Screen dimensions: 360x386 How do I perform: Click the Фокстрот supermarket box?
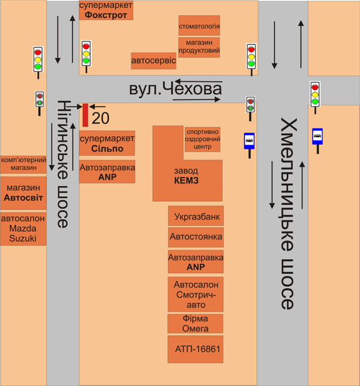106,10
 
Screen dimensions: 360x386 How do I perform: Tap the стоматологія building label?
199,26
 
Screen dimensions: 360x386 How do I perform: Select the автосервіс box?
154,61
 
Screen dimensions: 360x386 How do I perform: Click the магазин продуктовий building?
199,47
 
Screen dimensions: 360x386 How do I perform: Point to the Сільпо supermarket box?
107,143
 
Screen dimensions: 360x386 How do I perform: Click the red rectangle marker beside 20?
85,115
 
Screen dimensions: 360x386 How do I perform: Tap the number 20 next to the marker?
100,118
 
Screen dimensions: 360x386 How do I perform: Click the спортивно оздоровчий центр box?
202,139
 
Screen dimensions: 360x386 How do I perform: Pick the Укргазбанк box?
196,216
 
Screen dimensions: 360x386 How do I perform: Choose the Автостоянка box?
196,237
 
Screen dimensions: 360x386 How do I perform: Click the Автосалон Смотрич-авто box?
196,294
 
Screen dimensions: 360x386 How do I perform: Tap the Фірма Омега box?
196,324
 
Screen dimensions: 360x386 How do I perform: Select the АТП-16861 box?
196,349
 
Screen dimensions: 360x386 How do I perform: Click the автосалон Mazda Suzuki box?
23,229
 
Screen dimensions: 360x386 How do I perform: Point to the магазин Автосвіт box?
23,193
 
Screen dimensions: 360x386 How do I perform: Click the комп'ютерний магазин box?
23,164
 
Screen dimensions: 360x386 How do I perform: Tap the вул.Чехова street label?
175,89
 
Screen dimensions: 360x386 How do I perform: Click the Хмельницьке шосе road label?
287,214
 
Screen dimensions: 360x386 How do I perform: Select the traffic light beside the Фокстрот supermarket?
86,56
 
